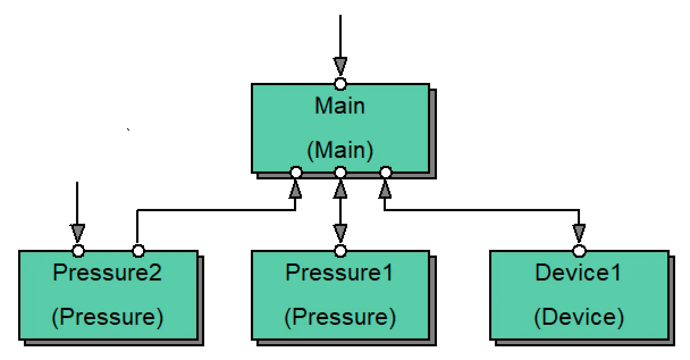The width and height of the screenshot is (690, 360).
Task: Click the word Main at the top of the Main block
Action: (340, 106)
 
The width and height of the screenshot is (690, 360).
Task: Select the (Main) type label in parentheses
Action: (340, 150)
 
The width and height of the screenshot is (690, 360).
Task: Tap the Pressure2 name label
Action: (107, 273)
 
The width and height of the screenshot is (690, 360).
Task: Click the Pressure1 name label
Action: (339, 273)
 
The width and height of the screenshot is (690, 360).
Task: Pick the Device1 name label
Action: (578, 273)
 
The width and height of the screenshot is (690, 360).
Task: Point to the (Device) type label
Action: (578, 316)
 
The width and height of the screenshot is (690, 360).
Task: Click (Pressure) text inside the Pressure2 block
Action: (107, 316)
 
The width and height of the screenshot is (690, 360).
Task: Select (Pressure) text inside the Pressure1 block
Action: (339, 316)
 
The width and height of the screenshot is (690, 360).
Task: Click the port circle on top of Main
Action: (340, 84)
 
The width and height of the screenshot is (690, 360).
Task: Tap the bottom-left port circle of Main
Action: (295, 172)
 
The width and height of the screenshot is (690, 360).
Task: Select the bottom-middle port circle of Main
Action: (340, 172)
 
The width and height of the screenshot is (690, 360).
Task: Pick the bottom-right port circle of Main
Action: (385, 172)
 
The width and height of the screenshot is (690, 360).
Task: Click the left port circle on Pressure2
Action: (78, 250)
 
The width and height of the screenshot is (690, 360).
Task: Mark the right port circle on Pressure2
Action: (138, 250)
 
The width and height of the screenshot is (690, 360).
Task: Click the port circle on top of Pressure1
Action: (340, 250)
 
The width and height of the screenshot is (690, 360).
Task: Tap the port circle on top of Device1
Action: (579, 250)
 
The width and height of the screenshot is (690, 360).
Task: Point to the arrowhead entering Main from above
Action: (340, 66)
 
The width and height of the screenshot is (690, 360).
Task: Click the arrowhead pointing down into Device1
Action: (579, 232)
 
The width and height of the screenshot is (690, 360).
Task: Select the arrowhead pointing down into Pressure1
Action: (340, 232)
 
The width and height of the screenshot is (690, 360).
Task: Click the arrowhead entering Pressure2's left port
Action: (78, 232)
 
